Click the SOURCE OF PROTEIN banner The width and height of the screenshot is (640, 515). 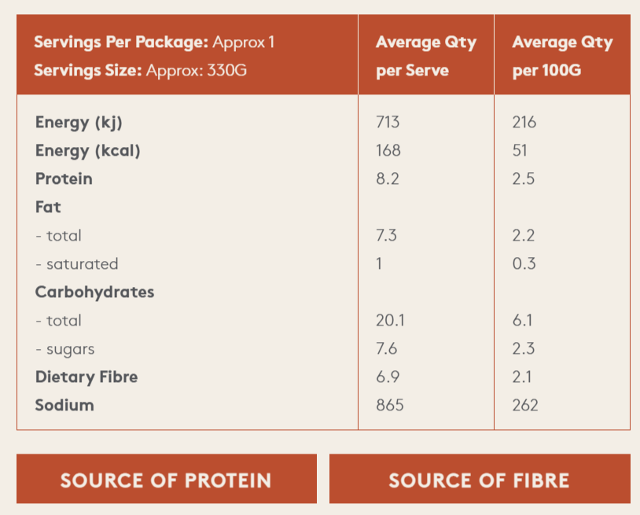[x=166, y=480]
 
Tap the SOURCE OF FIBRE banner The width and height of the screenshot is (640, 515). [x=479, y=480]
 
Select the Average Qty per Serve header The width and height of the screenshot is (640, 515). [x=426, y=56]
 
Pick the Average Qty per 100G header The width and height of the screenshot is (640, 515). [x=562, y=56]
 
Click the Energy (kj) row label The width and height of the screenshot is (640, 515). [x=79, y=122]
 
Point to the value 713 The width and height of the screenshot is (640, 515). [x=388, y=122]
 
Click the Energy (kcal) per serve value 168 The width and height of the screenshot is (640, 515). [x=388, y=150]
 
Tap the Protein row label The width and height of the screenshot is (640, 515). [x=64, y=178]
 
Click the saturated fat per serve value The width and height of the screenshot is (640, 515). [x=379, y=263]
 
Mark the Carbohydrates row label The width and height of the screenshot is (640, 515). [x=94, y=292]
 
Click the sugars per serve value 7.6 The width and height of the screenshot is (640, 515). [x=388, y=348]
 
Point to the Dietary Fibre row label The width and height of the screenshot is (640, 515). [x=86, y=377]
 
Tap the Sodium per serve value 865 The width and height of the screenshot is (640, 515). [x=390, y=405]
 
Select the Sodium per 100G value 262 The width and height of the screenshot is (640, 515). [x=525, y=405]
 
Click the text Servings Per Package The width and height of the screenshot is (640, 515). [x=121, y=42]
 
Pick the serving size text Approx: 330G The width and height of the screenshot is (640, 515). [x=197, y=70]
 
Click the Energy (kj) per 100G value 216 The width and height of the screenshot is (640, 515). [x=524, y=122]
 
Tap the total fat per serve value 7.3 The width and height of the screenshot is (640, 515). [x=388, y=235]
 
